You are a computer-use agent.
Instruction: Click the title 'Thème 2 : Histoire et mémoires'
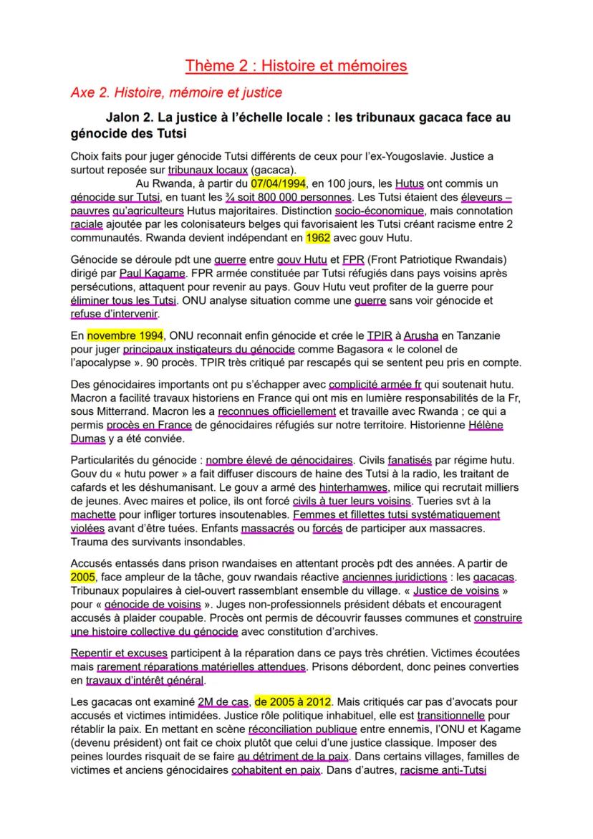click(296, 66)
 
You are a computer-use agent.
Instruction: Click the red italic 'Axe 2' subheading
click(176, 92)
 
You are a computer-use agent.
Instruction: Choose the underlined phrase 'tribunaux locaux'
click(207, 170)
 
